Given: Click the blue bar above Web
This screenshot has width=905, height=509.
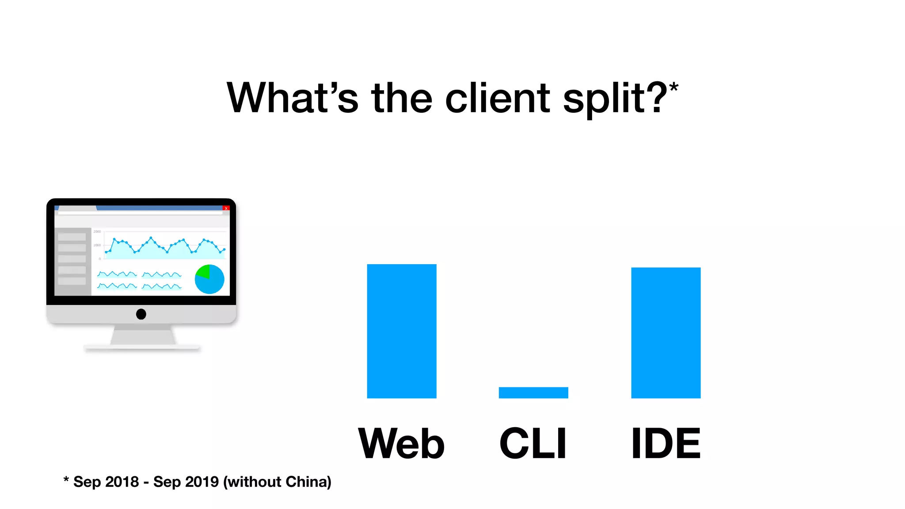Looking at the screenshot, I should (401, 331).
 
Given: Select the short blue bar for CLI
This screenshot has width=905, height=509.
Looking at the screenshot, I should (533, 392).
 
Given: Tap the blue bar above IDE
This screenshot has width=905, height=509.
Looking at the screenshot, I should (665, 332).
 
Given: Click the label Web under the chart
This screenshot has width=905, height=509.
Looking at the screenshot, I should (401, 443).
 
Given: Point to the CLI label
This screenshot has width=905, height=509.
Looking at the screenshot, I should (533, 443).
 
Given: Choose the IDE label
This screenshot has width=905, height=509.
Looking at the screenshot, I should (665, 443).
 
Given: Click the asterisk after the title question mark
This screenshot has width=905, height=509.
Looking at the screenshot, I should (673, 87).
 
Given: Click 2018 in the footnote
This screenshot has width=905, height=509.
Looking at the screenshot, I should (122, 482).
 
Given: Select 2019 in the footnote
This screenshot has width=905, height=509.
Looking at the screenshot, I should (202, 482).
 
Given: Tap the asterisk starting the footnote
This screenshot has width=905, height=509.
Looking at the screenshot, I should (66, 480).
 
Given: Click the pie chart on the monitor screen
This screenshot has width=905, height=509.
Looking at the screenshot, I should (209, 279).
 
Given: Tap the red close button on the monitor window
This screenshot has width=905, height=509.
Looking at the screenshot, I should (226, 208).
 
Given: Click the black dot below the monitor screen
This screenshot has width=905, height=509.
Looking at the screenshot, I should (141, 314).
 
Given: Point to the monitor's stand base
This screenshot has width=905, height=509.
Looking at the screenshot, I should (142, 348).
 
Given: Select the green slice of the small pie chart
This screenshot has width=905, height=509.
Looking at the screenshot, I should (204, 271).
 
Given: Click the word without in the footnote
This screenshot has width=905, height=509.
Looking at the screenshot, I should (252, 482).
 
